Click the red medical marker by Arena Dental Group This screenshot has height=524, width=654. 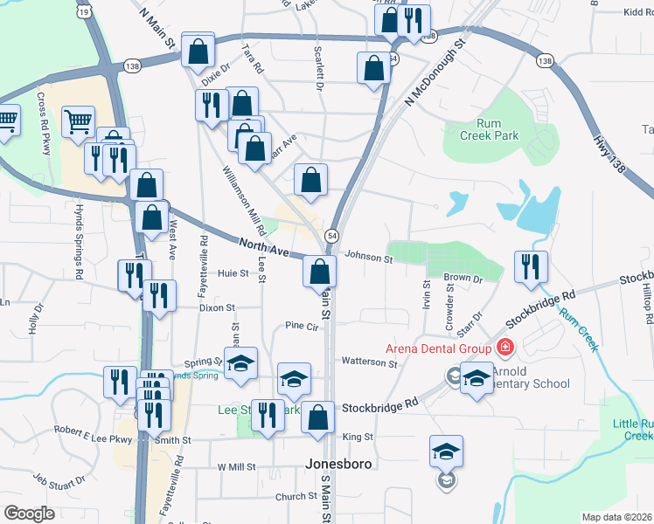pyautogui.click(x=504, y=348)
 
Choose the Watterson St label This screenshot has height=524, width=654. pyautogui.click(x=369, y=361)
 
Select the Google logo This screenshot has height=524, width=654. pyautogui.click(x=29, y=514)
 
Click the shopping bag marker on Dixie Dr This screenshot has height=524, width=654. pyautogui.click(x=198, y=52)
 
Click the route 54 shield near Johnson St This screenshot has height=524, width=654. pyautogui.click(x=332, y=236)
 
